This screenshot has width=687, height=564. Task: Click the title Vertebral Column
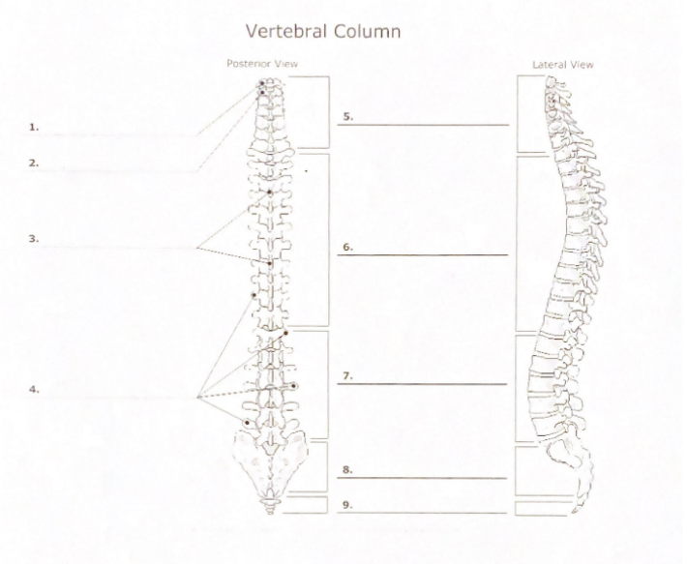pos(323,32)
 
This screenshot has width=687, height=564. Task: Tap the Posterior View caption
pos(262,64)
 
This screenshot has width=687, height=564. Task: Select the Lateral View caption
pos(563,65)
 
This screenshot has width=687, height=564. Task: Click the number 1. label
pos(34,128)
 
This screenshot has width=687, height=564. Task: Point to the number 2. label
pos(34,163)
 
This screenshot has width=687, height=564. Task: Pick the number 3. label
pos(34,239)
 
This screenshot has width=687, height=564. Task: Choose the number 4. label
pos(34,389)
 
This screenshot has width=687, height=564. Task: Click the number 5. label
pos(348,117)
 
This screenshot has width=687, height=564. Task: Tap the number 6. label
pos(348,248)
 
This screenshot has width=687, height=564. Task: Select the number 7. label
pos(348,376)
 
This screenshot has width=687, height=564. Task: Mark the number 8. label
pos(348,470)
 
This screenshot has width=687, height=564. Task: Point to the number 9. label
pos(348,505)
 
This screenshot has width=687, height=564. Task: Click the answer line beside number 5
pos(423,125)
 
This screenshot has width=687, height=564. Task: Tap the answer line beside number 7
pos(423,384)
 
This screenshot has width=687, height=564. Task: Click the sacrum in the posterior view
pos(270,464)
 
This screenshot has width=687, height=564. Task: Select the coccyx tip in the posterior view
pos(270,511)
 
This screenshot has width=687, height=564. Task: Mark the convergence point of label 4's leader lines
pos(197,398)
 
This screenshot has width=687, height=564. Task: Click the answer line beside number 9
pos(423,513)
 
